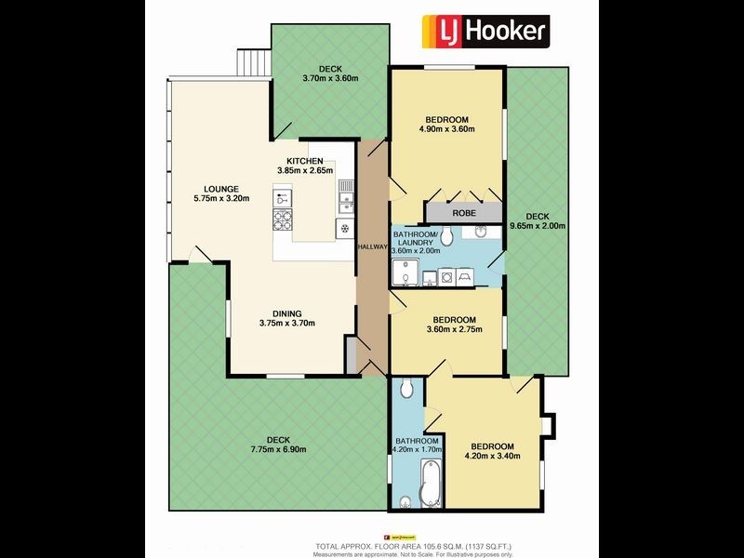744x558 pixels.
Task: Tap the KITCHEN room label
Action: (304, 161)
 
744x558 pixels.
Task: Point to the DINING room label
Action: (286, 313)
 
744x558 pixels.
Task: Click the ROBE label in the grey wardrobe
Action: (464, 213)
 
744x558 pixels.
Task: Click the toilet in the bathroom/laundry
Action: (447, 234)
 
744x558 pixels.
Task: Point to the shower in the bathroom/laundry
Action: (404, 272)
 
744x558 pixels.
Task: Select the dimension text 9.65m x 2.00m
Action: (538, 226)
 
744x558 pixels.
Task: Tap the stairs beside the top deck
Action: (253, 61)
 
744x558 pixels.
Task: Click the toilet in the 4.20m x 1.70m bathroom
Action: (406, 391)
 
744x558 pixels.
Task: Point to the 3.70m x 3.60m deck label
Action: (330, 78)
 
